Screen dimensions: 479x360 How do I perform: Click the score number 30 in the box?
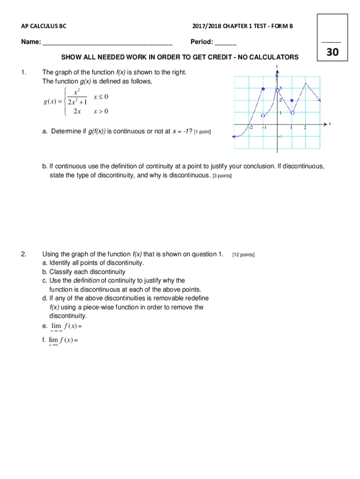pos(332,52)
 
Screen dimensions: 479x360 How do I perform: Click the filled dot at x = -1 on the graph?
pos(263,89)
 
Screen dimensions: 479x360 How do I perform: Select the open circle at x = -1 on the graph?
pos(263,115)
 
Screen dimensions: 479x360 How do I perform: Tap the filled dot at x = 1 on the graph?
pos(292,101)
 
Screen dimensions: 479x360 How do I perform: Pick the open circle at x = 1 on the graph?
pos(292,113)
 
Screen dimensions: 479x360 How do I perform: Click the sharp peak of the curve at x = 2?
pos(306,84)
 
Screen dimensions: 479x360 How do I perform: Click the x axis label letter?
pos(330,123)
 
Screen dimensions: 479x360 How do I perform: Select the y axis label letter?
pos(277,66)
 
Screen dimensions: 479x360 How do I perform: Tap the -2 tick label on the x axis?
pos(251,128)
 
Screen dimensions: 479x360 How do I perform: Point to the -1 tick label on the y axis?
pos(280,137)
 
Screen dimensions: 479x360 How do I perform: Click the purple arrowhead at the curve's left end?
pos(234,137)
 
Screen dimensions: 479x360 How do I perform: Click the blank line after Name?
pos(108,43)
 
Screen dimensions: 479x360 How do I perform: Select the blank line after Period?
pos(226,43)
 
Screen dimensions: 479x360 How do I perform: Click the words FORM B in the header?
pos(281,26)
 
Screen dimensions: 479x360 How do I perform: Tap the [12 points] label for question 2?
pos(243,254)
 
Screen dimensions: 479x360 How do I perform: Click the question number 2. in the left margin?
pos(24,254)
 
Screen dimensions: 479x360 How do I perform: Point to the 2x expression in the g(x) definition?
pos(77,111)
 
